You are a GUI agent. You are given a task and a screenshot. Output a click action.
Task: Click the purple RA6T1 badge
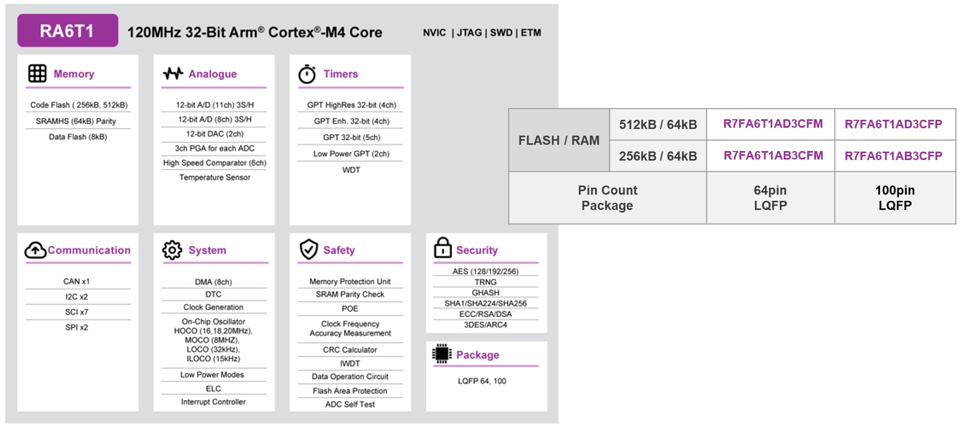click(x=67, y=31)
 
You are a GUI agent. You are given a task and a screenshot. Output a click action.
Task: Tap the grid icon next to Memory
click(x=37, y=74)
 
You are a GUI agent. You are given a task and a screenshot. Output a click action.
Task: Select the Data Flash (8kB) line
click(x=78, y=137)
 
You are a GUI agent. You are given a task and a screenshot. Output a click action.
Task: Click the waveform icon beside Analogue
click(x=173, y=74)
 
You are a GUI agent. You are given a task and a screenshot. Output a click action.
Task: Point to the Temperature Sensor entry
click(x=214, y=178)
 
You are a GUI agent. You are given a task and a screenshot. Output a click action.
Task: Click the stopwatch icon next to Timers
click(x=307, y=74)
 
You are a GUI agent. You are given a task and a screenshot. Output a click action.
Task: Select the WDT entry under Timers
click(x=351, y=170)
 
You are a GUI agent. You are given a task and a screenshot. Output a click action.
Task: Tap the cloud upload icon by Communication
click(x=35, y=250)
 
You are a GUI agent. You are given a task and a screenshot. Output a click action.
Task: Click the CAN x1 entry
click(x=76, y=281)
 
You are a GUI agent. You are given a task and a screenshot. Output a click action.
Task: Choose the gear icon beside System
click(x=172, y=250)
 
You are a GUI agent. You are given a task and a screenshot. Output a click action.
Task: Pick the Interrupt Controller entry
click(x=213, y=402)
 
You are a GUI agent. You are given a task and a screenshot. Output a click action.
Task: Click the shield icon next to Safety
click(x=308, y=250)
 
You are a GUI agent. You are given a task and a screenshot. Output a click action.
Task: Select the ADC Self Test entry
click(x=350, y=404)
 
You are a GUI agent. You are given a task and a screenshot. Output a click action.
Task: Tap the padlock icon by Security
click(x=442, y=248)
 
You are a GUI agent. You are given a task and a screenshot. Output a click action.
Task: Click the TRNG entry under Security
click(x=485, y=282)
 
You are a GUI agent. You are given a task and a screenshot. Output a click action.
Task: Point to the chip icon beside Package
click(x=441, y=354)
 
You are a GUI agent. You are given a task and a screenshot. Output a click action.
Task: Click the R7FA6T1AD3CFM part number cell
click(x=773, y=124)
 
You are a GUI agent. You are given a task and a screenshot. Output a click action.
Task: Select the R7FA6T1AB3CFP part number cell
click(x=893, y=156)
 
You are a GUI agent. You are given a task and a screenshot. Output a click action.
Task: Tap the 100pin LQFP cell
click(x=895, y=198)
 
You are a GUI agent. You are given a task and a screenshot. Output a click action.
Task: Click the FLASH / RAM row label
click(x=558, y=140)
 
